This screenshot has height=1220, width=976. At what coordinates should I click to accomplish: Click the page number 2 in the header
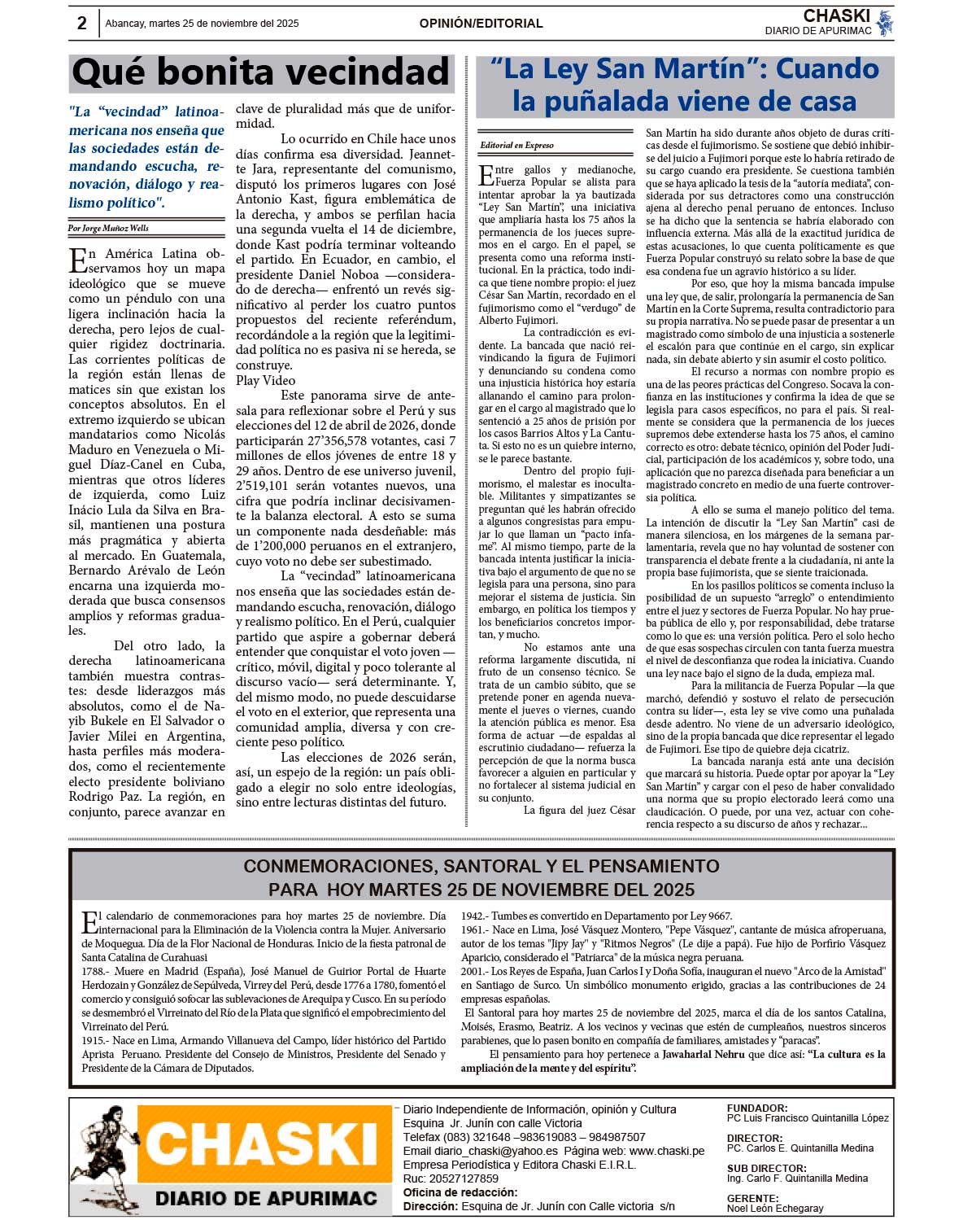click(82, 24)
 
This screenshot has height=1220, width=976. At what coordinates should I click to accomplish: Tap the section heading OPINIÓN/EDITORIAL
click(481, 24)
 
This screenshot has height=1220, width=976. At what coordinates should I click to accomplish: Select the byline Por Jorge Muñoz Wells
click(108, 229)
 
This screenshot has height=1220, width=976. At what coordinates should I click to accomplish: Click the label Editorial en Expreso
click(516, 146)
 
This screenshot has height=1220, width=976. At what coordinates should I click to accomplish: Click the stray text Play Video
click(266, 380)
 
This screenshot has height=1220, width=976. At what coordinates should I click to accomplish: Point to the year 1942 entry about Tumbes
click(474, 916)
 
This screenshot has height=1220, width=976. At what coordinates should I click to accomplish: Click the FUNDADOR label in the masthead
click(756, 1108)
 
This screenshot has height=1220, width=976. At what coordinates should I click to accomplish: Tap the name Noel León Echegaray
click(775, 1209)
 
